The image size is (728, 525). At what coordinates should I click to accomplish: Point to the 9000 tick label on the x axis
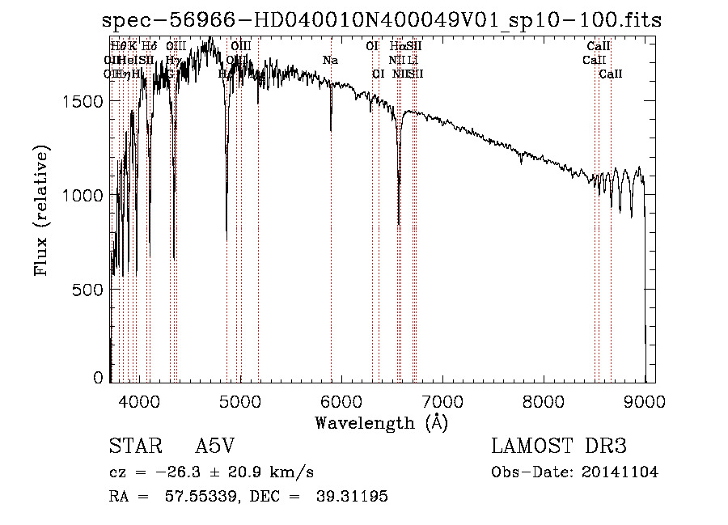(645, 402)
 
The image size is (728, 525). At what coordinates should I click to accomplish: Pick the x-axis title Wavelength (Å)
(381, 422)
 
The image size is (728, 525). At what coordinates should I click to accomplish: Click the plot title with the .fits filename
(382, 20)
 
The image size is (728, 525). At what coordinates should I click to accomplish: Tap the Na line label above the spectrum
(330, 61)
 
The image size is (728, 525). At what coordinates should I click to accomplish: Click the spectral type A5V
(218, 447)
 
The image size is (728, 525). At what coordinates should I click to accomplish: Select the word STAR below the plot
(130, 447)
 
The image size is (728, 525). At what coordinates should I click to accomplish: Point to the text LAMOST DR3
(559, 447)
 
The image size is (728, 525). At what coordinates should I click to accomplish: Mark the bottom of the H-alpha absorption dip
(399, 225)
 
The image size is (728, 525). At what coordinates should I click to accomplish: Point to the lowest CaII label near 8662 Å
(611, 74)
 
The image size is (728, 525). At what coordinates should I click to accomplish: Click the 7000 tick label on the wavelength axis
(442, 402)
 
